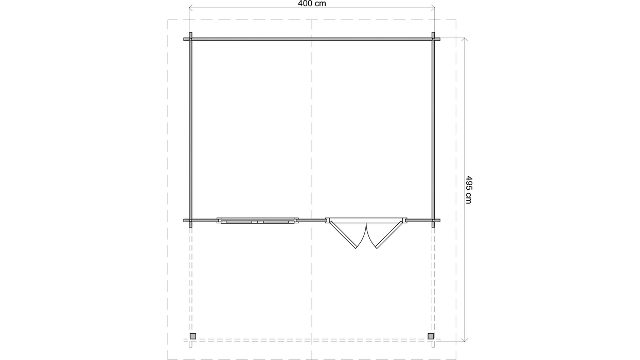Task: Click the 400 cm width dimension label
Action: tap(312, 4)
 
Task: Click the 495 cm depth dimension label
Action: tap(469, 190)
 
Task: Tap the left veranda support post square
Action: tap(193, 336)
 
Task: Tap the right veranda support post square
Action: tap(431, 336)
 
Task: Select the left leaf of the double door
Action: tap(344, 236)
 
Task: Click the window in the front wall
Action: tap(257, 221)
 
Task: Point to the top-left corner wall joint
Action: tap(190, 39)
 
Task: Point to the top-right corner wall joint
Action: tap(433, 39)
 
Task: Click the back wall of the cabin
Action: tap(312, 39)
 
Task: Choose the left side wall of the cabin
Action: tap(190, 129)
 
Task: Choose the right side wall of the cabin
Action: tap(433, 129)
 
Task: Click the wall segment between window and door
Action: tap(312, 220)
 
